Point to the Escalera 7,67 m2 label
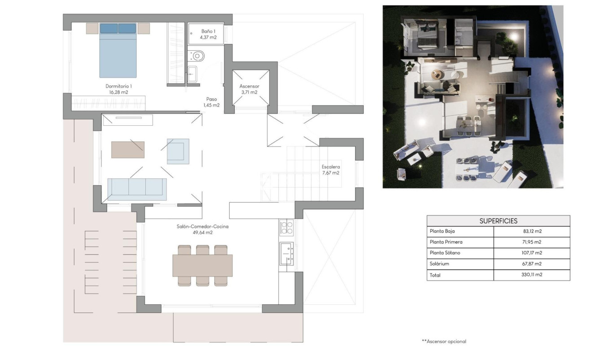pos(331,170)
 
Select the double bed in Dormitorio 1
pos(118,51)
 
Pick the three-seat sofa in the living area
pos(137,189)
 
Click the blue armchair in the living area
pos(178,151)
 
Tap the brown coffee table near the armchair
pos(128,149)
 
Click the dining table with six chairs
pos(202,265)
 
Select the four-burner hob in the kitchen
pos(286,228)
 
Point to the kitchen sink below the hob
pos(286,254)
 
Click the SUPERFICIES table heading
pos(498,221)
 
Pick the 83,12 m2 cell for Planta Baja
pos(531,232)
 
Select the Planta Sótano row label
pos(445,253)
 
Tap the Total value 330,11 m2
pos(531,275)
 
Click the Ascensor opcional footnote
pos(444,342)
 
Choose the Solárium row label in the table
pos(439,264)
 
